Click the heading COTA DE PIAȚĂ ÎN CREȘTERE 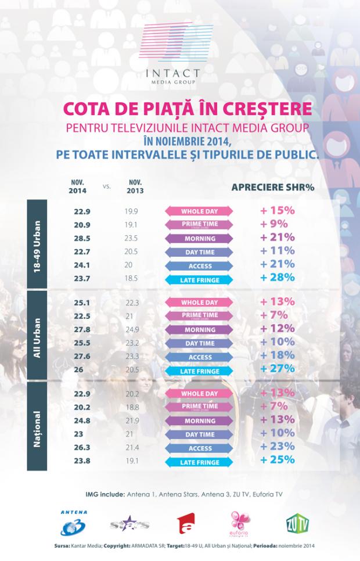point(180,110)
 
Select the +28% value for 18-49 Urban point(278,278)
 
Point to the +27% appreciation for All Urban point(278,369)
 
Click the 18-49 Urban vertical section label point(37,242)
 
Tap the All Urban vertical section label point(37,335)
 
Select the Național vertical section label point(37,426)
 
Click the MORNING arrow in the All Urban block point(199,329)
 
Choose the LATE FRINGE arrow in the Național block point(199,462)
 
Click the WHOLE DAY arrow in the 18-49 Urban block point(199,211)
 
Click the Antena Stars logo point(129,525)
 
